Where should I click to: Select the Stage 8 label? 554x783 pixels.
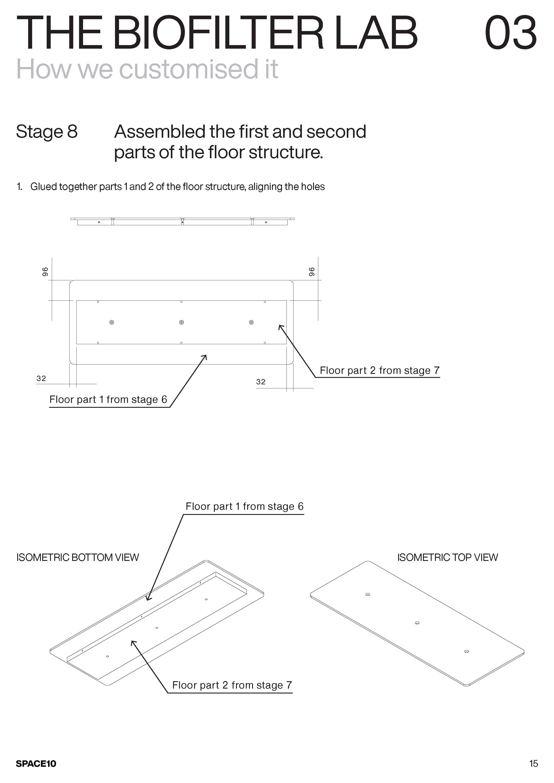(x=47, y=132)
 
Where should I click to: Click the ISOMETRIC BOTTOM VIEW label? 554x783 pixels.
(x=77, y=558)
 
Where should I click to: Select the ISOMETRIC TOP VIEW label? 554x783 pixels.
(x=447, y=558)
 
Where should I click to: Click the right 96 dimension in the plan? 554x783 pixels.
(x=311, y=272)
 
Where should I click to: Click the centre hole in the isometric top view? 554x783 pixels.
(x=417, y=623)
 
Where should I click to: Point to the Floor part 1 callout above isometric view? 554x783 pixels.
(x=244, y=506)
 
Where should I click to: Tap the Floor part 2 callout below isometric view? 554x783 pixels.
(x=232, y=685)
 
